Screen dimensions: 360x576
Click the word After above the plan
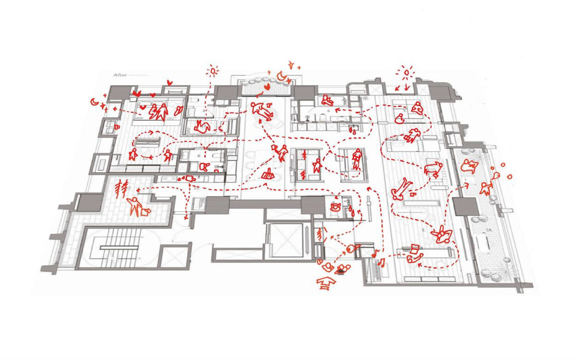120,75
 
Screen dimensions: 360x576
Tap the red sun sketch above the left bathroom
212,72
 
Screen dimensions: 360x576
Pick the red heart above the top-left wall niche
168,84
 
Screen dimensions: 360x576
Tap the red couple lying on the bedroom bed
158,112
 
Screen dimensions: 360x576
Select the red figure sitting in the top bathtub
328,99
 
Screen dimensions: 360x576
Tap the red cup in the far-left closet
117,127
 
